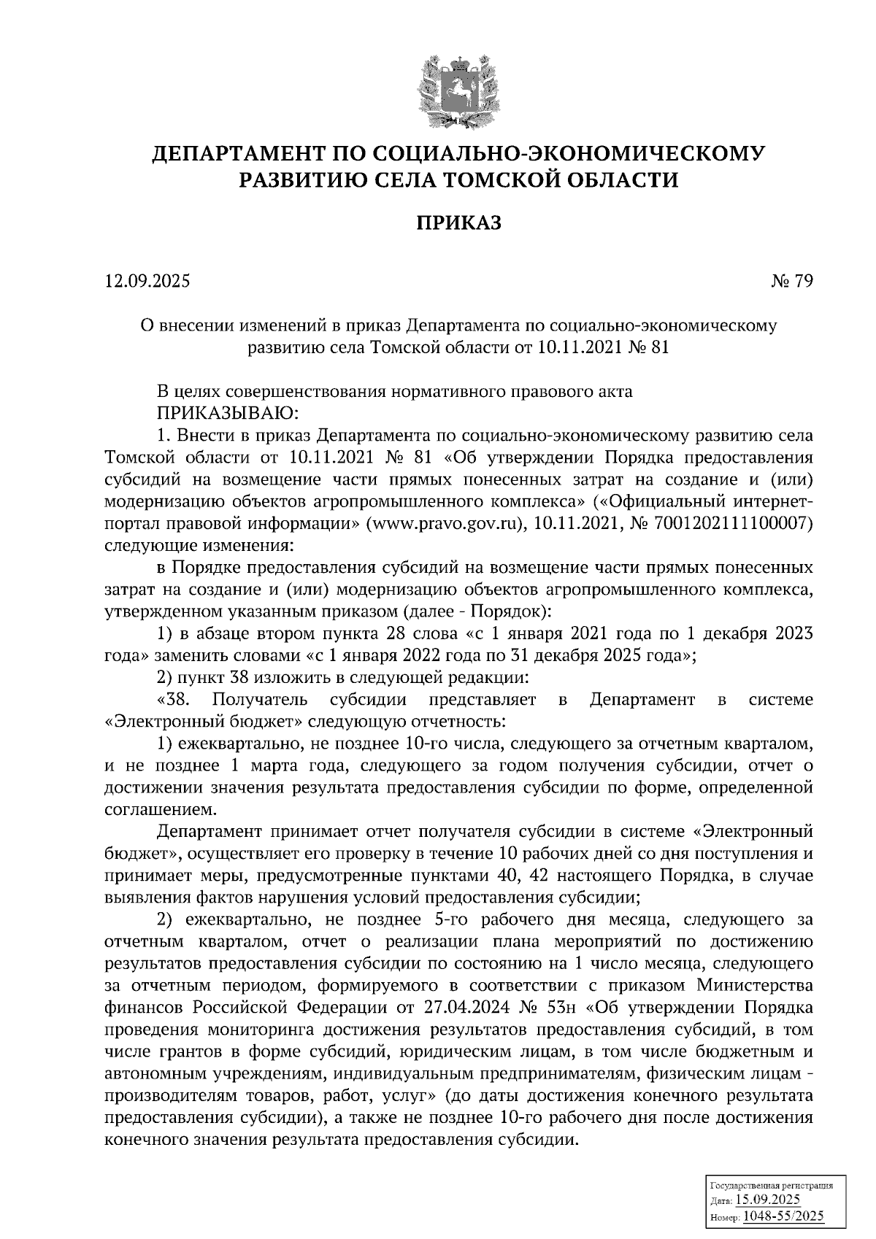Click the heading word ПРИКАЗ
(458, 223)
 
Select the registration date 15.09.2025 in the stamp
(767, 1200)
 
